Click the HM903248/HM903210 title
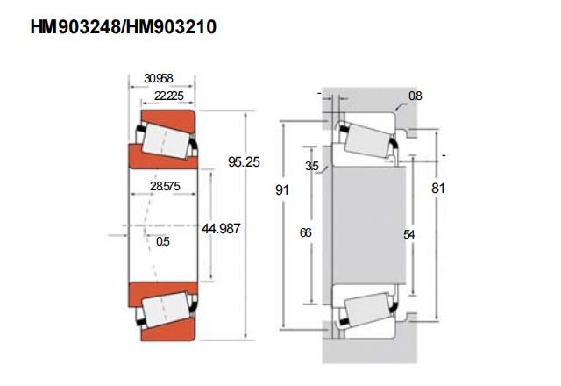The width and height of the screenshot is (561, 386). [123, 27]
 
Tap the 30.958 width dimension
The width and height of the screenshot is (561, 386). [158, 78]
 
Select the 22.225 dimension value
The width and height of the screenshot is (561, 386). [169, 96]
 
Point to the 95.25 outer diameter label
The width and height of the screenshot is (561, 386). [244, 161]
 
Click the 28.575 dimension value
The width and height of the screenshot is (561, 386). [165, 186]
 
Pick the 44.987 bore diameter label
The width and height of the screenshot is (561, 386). [221, 228]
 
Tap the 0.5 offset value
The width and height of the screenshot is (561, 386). [163, 242]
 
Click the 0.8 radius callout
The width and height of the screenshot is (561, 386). [415, 96]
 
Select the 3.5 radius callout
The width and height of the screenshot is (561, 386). [312, 166]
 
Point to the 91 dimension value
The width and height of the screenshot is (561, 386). [282, 189]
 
